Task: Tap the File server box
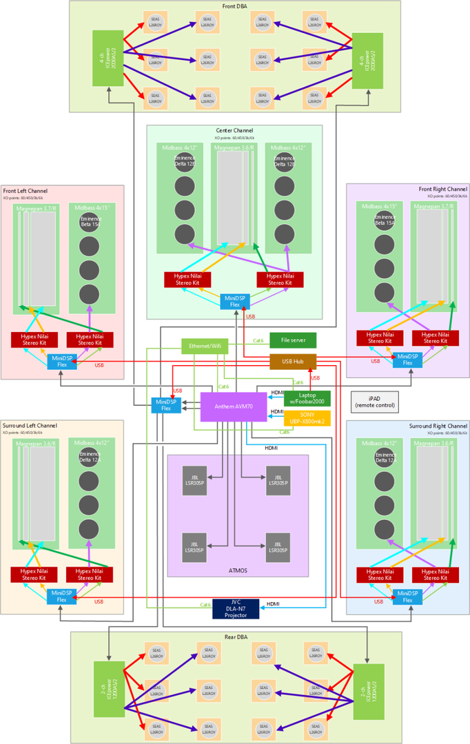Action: pos(293,340)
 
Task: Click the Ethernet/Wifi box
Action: pos(205,346)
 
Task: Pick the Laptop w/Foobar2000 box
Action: pos(307,398)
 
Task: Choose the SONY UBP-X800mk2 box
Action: pos(307,417)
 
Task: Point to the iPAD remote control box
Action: pos(374,402)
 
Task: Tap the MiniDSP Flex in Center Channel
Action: pos(235,301)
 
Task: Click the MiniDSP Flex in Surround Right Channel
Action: pos(407,597)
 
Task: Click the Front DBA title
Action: pos(235,7)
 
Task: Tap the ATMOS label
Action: pos(238,571)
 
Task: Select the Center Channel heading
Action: pos(234,130)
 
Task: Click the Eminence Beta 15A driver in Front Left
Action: pos(88,222)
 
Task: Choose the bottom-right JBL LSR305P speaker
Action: pos(278,545)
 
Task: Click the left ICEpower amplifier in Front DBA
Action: pos(107,59)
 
